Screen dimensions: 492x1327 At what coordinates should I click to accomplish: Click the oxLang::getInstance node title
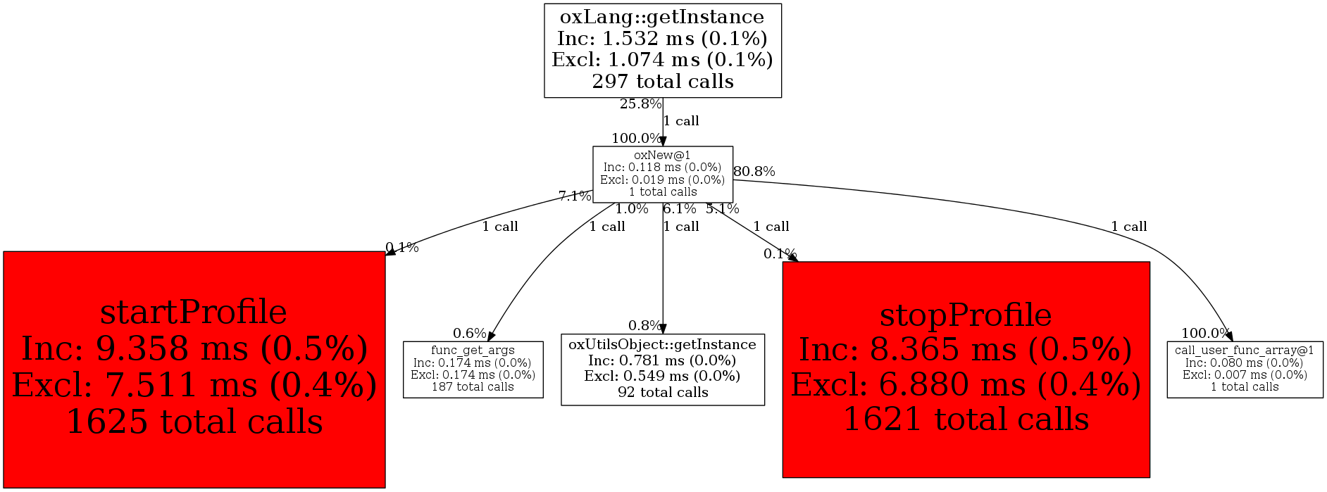pyautogui.click(x=662, y=18)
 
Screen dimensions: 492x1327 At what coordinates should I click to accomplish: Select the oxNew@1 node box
pyautogui.click(x=662, y=174)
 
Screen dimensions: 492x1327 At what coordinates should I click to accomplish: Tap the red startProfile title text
pyautogui.click(x=194, y=312)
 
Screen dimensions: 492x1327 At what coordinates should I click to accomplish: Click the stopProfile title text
pyautogui.click(x=966, y=315)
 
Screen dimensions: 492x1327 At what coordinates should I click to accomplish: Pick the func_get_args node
pyautogui.click(x=473, y=369)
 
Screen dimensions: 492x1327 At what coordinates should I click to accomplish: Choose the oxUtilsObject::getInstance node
pyautogui.click(x=662, y=369)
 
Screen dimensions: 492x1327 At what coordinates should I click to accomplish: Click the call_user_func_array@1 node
pyautogui.click(x=1245, y=369)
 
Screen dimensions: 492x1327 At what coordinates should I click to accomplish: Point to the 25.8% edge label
pyautogui.click(x=640, y=104)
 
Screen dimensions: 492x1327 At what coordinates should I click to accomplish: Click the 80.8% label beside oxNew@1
pyautogui.click(x=754, y=171)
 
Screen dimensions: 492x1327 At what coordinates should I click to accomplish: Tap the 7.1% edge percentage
pyautogui.click(x=575, y=196)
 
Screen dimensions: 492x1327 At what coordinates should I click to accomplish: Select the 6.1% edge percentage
pyautogui.click(x=679, y=209)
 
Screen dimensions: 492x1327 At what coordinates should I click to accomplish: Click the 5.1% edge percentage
pyautogui.click(x=723, y=209)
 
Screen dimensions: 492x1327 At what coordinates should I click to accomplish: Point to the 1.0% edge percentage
pyautogui.click(x=631, y=209)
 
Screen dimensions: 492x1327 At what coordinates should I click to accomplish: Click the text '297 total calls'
pyautogui.click(x=662, y=82)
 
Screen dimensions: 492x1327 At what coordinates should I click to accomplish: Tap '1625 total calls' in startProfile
pyautogui.click(x=194, y=422)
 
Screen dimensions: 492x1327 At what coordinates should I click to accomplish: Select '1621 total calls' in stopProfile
pyautogui.click(x=966, y=420)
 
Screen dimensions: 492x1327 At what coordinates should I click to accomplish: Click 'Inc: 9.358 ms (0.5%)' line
pyautogui.click(x=194, y=348)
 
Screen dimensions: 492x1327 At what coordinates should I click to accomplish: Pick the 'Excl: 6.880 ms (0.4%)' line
pyautogui.click(x=966, y=385)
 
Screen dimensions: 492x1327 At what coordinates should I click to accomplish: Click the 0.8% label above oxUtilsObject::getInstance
pyautogui.click(x=645, y=325)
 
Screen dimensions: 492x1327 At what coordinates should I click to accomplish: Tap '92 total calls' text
pyautogui.click(x=662, y=392)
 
